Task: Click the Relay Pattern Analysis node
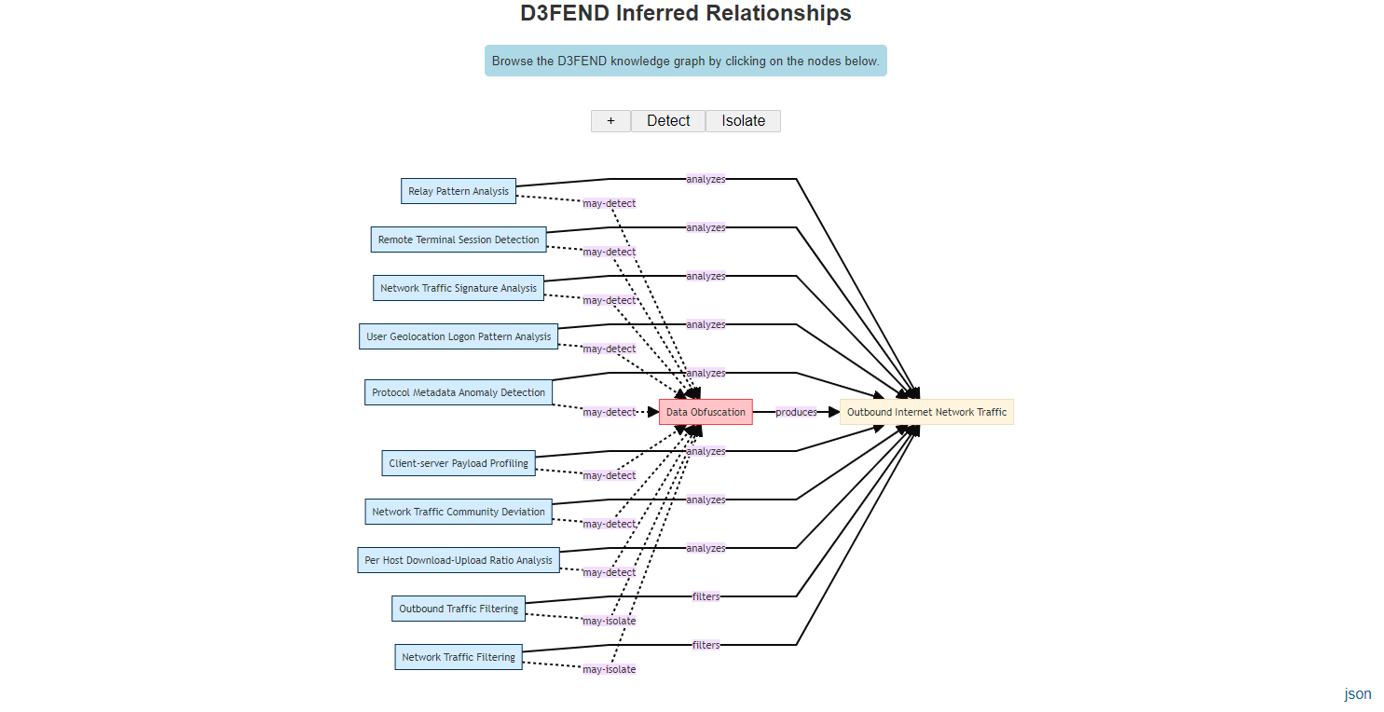[x=459, y=191]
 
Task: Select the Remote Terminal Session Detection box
[x=459, y=240]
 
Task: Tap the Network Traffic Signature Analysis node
[x=459, y=288]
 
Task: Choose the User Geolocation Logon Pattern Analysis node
[x=459, y=336]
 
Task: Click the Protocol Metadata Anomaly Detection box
[x=459, y=392]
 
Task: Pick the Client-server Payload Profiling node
[x=459, y=463]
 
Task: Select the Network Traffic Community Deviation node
[x=459, y=512]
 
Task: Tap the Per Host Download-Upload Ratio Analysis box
[x=459, y=560]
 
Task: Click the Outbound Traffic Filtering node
[x=459, y=609]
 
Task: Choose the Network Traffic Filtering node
[x=459, y=657]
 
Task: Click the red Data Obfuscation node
[x=706, y=412]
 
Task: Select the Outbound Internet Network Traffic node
[x=926, y=412]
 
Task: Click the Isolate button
[x=743, y=121]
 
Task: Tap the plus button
[x=610, y=121]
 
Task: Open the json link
[x=1357, y=693]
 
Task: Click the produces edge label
[x=796, y=412]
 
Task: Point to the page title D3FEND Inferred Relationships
[x=685, y=13]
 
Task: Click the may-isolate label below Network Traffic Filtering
[x=610, y=669]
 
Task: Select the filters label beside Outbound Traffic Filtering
[x=706, y=596]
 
